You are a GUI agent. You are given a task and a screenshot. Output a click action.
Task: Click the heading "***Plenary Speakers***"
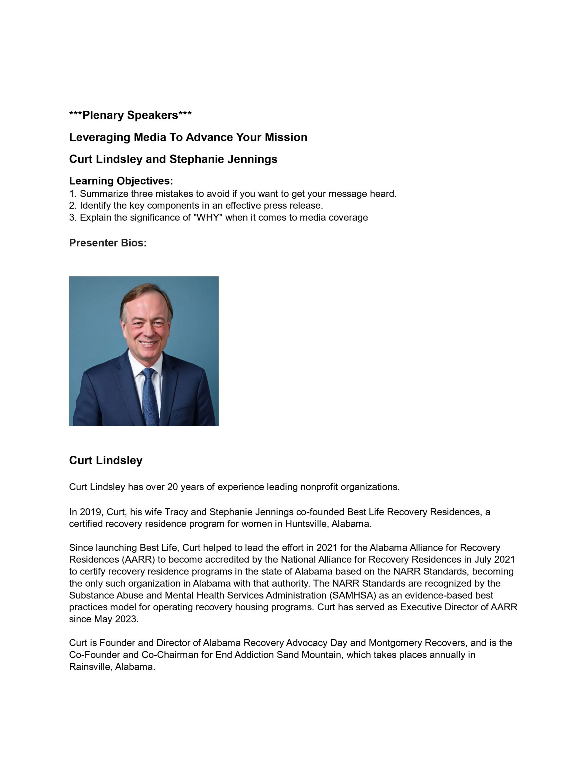tap(130, 115)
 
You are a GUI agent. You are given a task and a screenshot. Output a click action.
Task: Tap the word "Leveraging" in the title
tap(100, 137)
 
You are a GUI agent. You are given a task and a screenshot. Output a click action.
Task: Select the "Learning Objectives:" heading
tap(121, 181)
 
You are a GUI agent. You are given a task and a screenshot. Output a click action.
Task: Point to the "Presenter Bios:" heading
tap(108, 243)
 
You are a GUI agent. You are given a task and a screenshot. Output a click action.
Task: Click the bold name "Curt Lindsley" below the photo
tap(106, 460)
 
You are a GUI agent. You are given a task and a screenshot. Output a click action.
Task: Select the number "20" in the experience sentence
tap(173, 487)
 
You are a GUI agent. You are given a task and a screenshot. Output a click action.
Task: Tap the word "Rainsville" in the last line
tap(90, 667)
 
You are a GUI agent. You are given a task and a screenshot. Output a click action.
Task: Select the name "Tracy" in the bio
tap(176, 512)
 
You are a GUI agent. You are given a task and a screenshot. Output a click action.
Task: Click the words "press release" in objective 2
tap(293, 206)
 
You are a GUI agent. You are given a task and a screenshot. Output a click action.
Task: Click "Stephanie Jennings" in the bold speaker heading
tap(223, 159)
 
